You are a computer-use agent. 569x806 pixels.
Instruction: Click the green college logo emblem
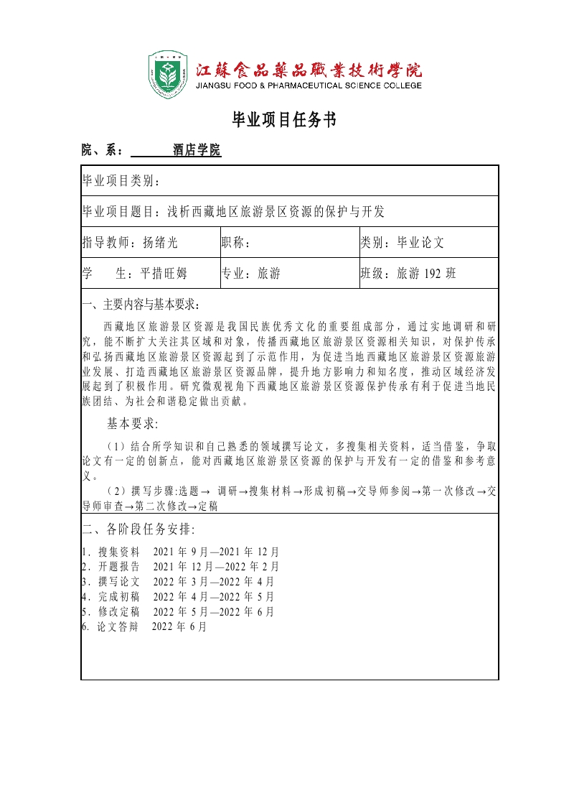click(168, 74)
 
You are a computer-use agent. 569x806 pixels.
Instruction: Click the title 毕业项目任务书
click(284, 120)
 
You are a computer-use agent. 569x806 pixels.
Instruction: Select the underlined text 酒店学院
click(197, 150)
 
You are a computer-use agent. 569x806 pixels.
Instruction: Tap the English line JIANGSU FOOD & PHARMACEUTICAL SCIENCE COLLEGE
click(309, 85)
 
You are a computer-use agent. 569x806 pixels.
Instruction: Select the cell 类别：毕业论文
click(403, 242)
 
